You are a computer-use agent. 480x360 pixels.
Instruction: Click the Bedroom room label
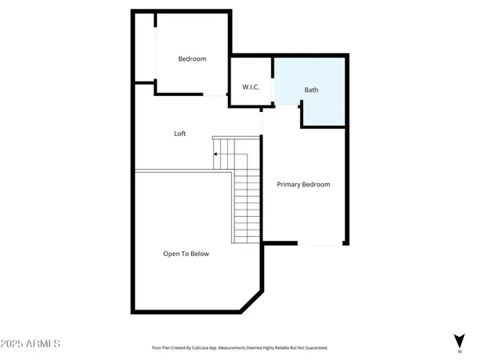192,59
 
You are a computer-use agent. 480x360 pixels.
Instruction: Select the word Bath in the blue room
311,90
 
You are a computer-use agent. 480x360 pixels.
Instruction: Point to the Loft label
180,134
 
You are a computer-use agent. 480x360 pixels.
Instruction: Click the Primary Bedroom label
303,185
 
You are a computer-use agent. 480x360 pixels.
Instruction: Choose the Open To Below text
186,254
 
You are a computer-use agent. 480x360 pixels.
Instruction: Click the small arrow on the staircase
216,154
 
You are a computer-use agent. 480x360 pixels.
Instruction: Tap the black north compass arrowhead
459,340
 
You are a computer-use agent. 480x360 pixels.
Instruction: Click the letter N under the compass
459,352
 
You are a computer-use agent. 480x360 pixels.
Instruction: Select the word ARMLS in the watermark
44,344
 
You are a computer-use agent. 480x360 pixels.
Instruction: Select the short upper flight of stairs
226,153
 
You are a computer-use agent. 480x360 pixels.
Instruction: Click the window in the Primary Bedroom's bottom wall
321,244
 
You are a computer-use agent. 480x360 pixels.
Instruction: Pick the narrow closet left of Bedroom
145,47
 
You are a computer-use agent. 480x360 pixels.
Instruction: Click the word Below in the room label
199,254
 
